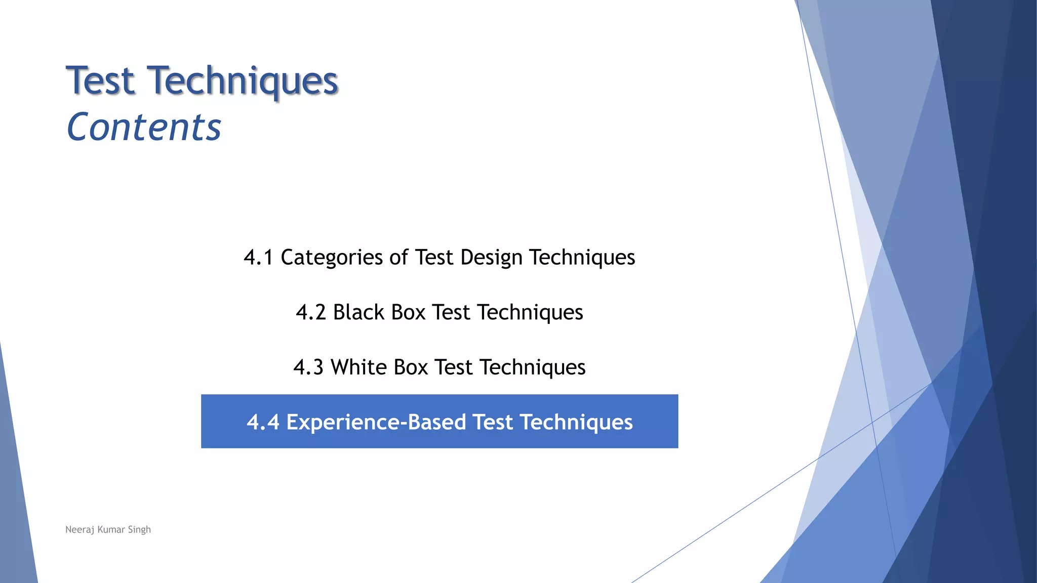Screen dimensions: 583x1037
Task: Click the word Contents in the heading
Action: pyautogui.click(x=144, y=127)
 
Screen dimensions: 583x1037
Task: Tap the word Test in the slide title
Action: pyautogui.click(x=101, y=81)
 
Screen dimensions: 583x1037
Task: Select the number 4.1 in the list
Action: pyautogui.click(x=258, y=257)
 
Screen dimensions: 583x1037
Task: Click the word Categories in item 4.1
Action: pyautogui.click(x=332, y=257)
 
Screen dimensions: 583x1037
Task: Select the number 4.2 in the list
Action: pyautogui.click(x=311, y=312)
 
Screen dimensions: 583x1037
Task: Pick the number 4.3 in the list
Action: pyautogui.click(x=308, y=367)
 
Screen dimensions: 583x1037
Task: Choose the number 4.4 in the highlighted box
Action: pyautogui.click(x=263, y=422)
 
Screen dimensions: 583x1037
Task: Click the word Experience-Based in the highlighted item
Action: pyautogui.click(x=376, y=422)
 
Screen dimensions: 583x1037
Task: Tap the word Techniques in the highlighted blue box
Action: pyautogui.click(x=576, y=422)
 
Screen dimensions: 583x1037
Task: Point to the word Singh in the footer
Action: pyautogui.click(x=139, y=530)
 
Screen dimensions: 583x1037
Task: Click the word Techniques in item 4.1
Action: pyautogui.click(x=582, y=257)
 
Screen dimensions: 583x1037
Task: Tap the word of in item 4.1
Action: pyautogui.click(x=398, y=257)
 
